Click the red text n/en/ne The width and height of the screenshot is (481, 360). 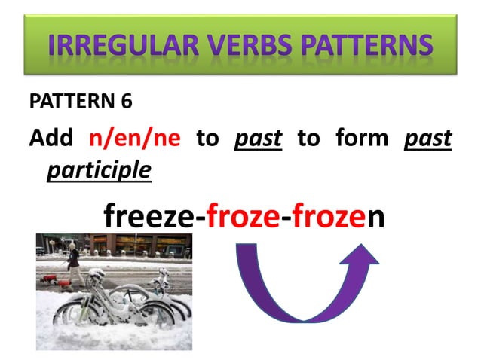[x=135, y=140]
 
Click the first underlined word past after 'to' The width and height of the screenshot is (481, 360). [x=258, y=139]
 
